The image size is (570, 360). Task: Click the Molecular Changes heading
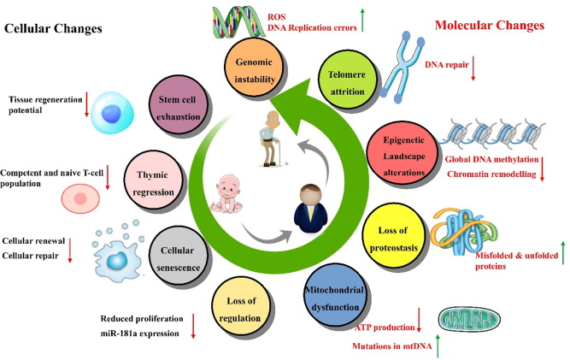tap(489, 26)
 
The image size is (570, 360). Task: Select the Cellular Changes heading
tap(54, 29)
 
